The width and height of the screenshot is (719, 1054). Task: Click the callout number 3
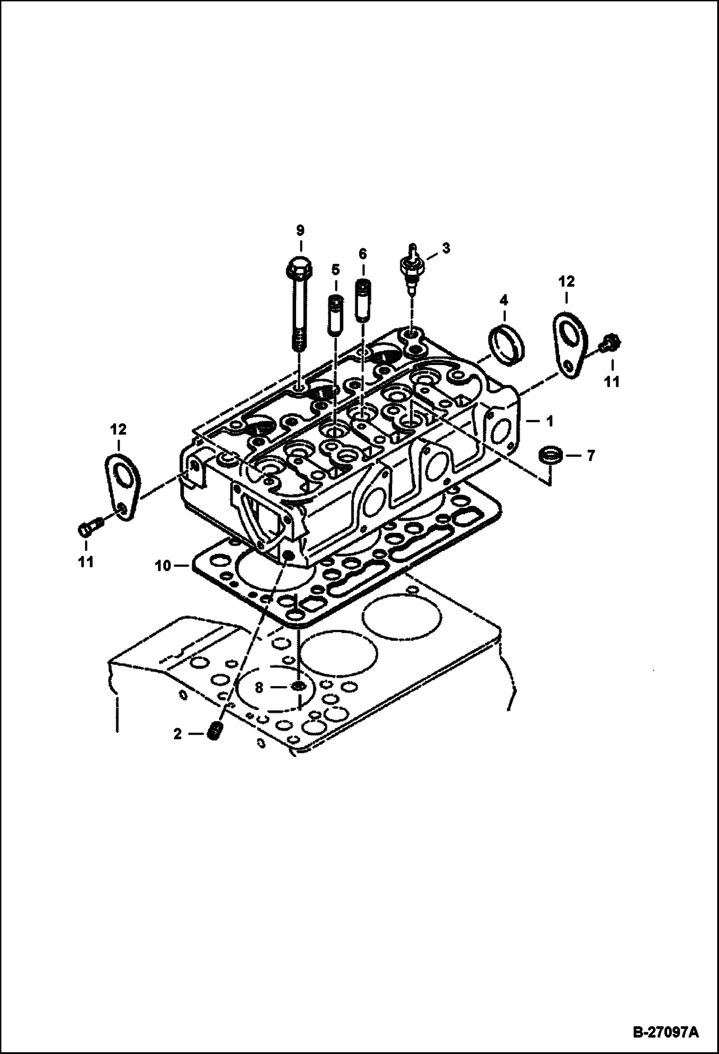point(446,248)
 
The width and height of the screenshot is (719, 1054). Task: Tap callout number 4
point(503,301)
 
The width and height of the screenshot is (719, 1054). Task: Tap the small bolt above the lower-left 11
point(89,527)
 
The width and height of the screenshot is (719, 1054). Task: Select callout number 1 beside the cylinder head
point(550,421)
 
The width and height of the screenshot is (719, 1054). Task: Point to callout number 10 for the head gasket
point(163,566)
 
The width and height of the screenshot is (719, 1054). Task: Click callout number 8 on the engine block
point(259,688)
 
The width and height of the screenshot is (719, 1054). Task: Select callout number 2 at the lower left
point(178,748)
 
